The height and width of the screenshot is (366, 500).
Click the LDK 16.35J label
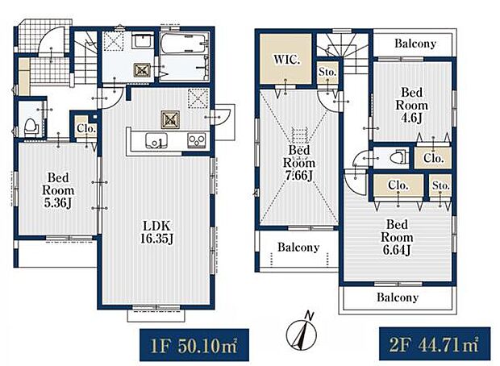coord(157,232)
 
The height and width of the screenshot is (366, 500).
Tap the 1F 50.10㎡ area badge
coord(194,345)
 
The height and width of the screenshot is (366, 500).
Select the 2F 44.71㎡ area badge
coord(435,343)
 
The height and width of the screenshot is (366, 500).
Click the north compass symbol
coord(302,331)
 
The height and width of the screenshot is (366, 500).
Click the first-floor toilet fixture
coord(31,127)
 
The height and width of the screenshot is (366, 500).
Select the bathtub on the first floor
coord(184,44)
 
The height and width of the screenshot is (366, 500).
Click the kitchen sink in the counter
coord(156,140)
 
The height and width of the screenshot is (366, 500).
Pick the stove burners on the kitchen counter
coord(197,140)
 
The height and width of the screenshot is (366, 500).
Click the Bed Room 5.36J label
coord(58,190)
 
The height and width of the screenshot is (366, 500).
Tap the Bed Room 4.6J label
coord(411,106)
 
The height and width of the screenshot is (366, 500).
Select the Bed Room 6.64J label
coord(397,237)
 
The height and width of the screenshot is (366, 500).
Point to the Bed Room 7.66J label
coord(299,163)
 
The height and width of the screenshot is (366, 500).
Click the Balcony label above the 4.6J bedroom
coord(415,44)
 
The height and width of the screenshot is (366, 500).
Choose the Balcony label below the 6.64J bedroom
coord(398,297)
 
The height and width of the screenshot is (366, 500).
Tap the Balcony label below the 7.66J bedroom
coord(298,247)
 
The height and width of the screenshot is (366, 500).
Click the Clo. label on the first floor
coord(86,129)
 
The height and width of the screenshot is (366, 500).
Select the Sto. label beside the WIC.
coord(327,72)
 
